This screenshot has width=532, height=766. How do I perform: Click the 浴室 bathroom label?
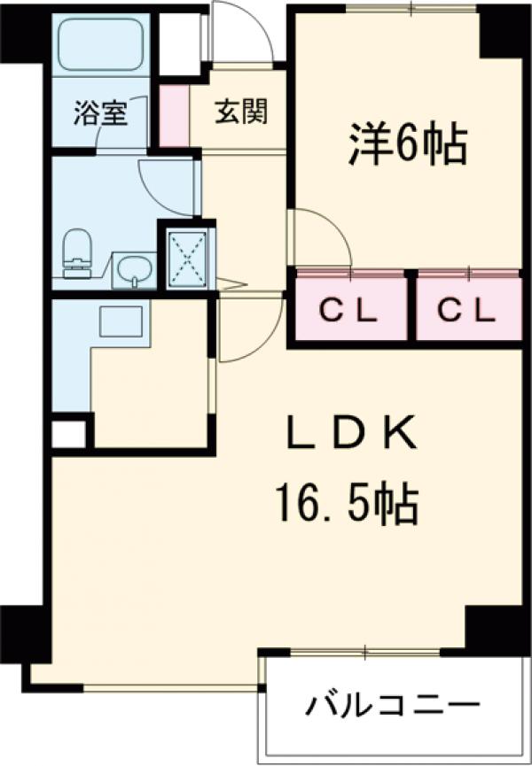100,113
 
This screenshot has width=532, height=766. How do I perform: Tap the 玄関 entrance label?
240,112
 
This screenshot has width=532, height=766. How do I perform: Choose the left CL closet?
348,310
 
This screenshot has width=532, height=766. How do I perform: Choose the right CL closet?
468,310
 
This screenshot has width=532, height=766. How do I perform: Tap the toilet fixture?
78,251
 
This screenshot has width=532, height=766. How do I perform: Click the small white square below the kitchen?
69,434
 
